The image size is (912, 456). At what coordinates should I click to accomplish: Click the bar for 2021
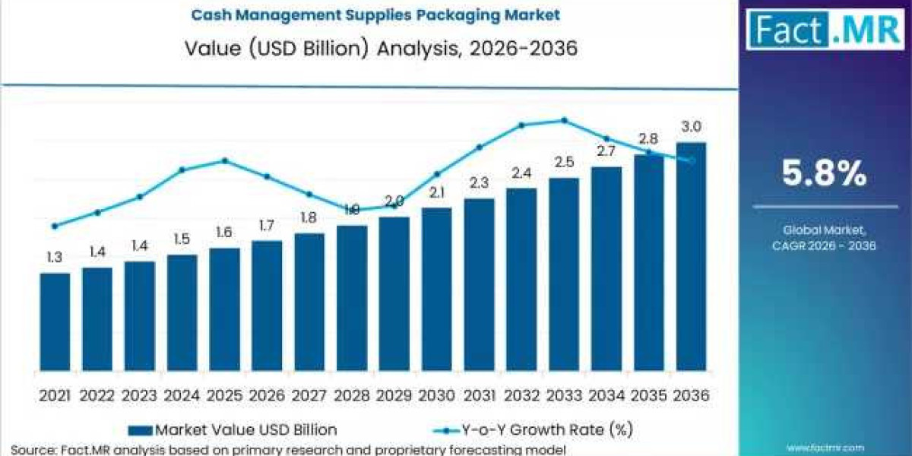(55, 322)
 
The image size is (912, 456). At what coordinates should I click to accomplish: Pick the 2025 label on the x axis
(224, 396)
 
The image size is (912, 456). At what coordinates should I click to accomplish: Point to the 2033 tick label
(563, 396)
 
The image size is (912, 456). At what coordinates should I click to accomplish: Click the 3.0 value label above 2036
(692, 127)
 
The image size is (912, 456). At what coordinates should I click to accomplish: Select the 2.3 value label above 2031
(479, 182)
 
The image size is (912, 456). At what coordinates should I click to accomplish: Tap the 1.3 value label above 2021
(55, 258)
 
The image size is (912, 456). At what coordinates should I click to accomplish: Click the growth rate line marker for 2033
(564, 120)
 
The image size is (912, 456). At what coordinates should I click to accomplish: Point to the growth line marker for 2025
(225, 160)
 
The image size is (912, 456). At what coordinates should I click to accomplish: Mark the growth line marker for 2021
(55, 226)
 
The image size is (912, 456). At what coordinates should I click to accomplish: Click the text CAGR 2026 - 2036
(825, 245)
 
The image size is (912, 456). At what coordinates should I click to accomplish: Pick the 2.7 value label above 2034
(606, 151)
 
